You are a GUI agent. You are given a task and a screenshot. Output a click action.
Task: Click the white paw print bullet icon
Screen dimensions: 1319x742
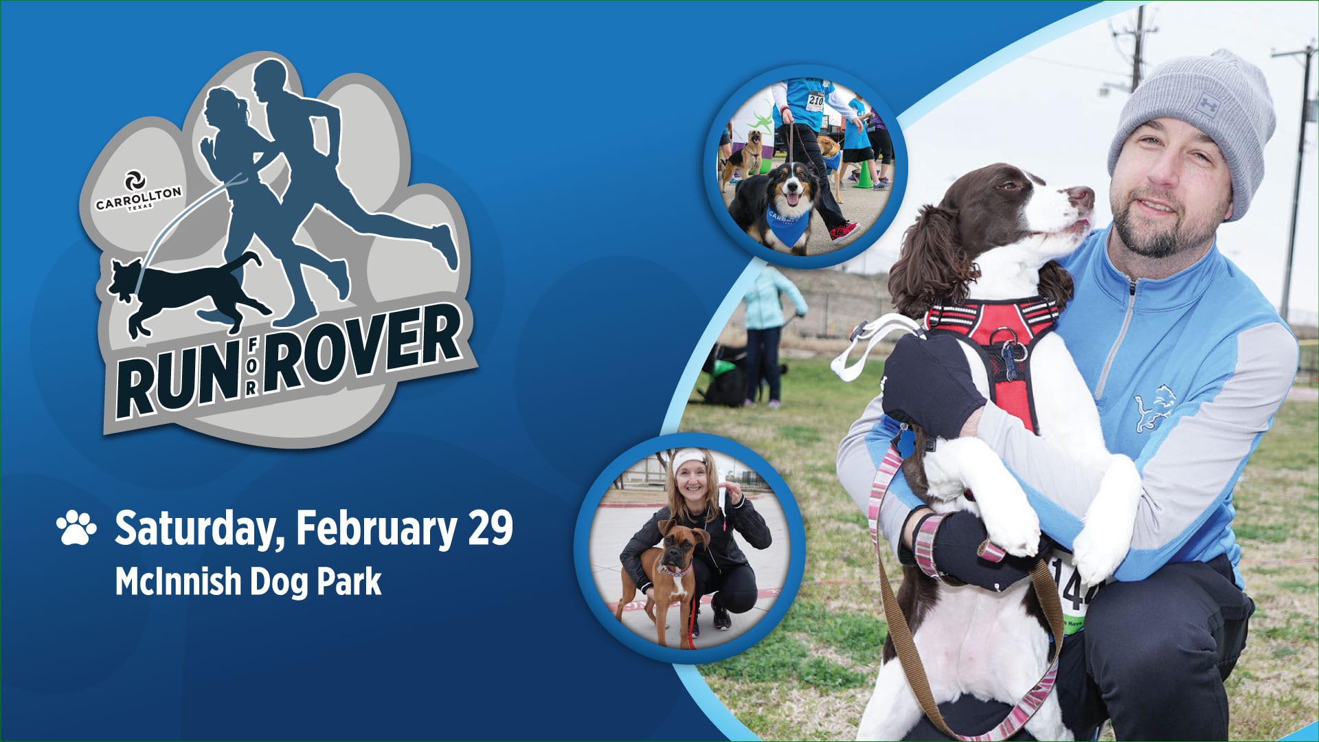[76, 528]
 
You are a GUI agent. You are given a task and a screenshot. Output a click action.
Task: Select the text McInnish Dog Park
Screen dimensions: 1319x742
[248, 582]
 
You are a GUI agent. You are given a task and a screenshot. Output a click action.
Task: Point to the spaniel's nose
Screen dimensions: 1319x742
[1083, 199]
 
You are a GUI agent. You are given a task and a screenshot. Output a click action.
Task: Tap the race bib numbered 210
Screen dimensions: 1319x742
[815, 102]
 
